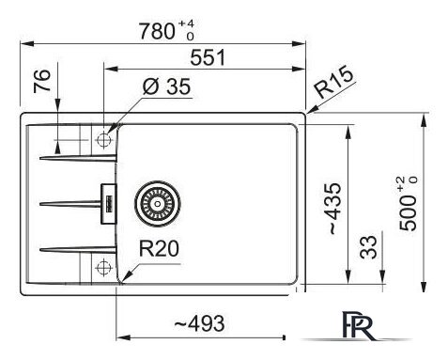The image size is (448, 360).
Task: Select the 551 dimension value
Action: coord(208,57)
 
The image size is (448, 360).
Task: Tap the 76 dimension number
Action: coord(42,81)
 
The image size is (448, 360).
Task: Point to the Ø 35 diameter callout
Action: coord(166,86)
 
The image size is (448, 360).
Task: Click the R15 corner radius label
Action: coord(334,82)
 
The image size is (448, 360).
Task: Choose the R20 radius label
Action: coord(159,248)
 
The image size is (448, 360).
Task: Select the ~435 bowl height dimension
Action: coord(334,209)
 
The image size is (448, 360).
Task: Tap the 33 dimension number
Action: coord(368,247)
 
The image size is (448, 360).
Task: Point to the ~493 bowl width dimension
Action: coord(199,323)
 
